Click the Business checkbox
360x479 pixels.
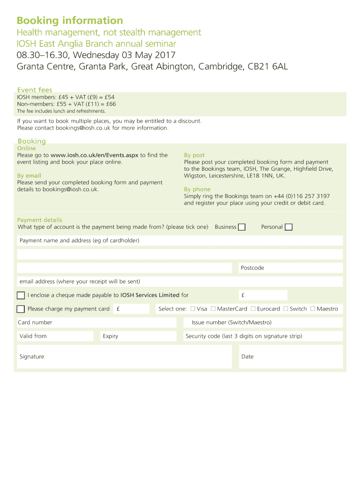(242, 227)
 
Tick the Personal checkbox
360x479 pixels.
(288, 227)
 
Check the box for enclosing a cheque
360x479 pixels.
(21, 295)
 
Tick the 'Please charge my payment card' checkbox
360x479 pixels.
(21, 309)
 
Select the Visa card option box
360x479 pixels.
(193, 309)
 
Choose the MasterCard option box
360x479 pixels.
(213, 309)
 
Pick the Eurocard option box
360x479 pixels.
(253, 309)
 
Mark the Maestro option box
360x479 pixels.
(313, 309)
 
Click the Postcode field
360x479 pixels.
(290, 268)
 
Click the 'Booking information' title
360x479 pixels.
(70, 21)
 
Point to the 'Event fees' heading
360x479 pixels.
(35, 90)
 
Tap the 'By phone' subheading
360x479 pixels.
(197, 189)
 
